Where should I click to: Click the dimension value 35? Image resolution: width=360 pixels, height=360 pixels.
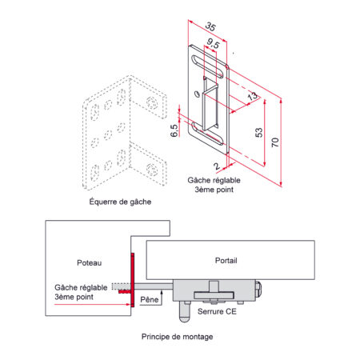click(210, 27)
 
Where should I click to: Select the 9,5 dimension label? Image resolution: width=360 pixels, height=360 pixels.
click(213, 43)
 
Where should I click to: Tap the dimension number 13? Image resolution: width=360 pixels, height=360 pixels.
click(252, 96)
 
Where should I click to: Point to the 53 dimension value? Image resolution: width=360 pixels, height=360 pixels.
click(258, 133)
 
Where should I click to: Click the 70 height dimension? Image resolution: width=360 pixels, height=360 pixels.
click(275, 142)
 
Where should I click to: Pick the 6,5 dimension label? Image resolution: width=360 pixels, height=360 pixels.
click(174, 130)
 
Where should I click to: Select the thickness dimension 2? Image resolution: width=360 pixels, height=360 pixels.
click(217, 166)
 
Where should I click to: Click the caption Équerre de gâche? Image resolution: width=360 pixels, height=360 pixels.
click(120, 202)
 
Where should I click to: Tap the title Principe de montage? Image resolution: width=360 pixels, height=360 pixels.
click(177, 337)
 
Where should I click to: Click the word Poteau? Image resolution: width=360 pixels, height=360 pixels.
click(89, 263)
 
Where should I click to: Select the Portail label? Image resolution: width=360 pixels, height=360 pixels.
click(226, 261)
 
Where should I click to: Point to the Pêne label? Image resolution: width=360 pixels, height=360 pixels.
click(150, 299)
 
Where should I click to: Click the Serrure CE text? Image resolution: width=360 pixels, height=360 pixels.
click(217, 311)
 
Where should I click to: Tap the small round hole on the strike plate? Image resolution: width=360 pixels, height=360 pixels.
click(198, 94)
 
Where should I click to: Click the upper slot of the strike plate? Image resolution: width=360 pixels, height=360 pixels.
click(208, 66)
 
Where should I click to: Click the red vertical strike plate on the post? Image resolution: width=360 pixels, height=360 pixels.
click(133, 280)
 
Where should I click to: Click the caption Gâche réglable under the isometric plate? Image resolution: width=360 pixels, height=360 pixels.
click(214, 180)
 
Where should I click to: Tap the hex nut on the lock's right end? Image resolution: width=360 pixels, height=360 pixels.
click(258, 290)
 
